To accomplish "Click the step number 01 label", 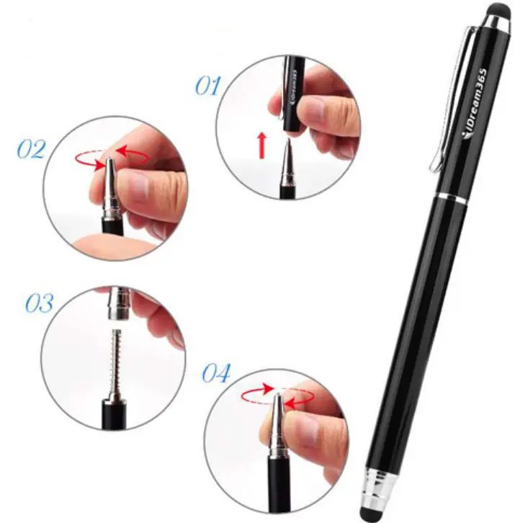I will pos(207,86).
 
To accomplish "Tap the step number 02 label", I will pos(31,150).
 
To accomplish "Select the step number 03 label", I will pos(39,303).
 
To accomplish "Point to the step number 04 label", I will pos(215,374).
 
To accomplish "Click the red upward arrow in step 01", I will pos(262,146).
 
